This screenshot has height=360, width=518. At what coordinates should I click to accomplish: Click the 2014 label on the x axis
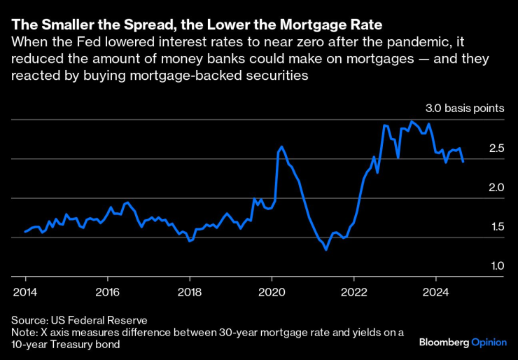[x=24, y=291]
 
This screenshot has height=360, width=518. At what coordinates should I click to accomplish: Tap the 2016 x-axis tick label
[x=106, y=291]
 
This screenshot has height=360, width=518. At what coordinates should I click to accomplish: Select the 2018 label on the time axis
[x=189, y=291]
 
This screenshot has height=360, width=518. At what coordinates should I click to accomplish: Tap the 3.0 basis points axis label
[x=465, y=109]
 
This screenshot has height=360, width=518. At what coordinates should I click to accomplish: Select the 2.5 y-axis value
[x=496, y=148]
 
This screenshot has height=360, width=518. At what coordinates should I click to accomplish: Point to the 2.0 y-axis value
[x=496, y=188]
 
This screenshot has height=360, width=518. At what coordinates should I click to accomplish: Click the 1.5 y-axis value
[x=496, y=227]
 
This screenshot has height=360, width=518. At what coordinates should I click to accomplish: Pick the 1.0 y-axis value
[x=496, y=266]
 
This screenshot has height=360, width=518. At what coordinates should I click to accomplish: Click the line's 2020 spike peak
[x=281, y=147]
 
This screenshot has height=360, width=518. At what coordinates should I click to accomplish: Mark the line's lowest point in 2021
[x=326, y=249]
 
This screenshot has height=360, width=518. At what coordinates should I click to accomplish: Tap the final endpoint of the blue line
[x=463, y=161]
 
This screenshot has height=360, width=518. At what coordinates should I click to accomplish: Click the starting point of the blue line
[x=24, y=231]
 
